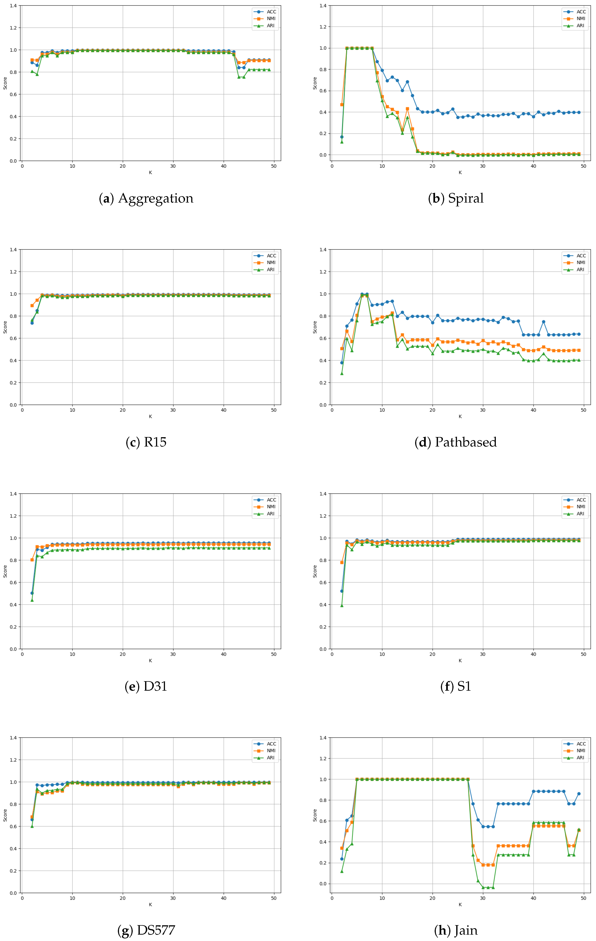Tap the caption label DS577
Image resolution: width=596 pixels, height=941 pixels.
click(155, 930)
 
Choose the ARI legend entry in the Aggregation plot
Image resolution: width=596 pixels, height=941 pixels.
click(270, 26)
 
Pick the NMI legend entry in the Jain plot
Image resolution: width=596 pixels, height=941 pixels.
click(581, 751)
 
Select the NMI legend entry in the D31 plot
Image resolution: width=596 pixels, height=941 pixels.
click(271, 507)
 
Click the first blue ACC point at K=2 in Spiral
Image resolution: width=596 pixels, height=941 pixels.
click(342, 137)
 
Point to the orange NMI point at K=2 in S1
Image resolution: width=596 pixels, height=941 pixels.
click(342, 563)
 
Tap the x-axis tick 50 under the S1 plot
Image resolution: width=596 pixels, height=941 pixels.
click(583, 654)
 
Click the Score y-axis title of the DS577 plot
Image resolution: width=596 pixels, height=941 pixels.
click(5, 815)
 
